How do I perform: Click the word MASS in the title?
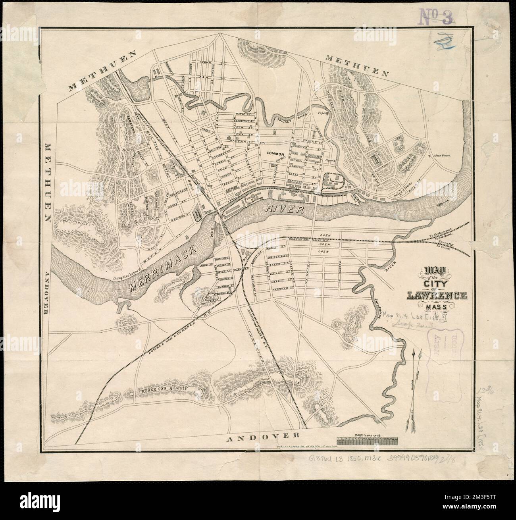click(x=435, y=306)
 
